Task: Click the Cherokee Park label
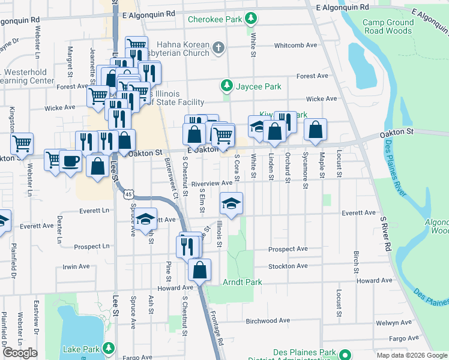(x=214, y=19)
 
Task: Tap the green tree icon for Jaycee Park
(x=227, y=86)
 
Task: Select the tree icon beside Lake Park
(x=108, y=347)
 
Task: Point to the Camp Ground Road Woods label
(x=388, y=26)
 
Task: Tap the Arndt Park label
(x=243, y=282)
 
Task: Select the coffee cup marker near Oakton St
(x=70, y=161)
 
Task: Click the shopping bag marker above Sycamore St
(x=315, y=129)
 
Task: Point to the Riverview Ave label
(x=211, y=184)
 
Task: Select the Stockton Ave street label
(x=288, y=266)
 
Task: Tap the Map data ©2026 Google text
(x=411, y=355)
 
